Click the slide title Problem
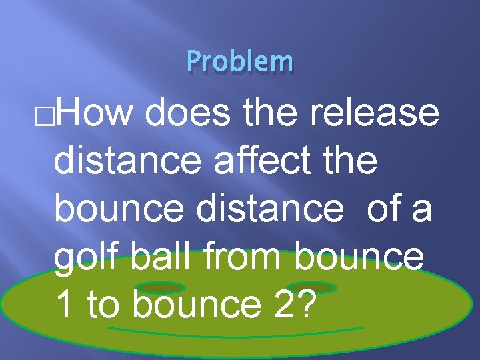[x=240, y=61]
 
